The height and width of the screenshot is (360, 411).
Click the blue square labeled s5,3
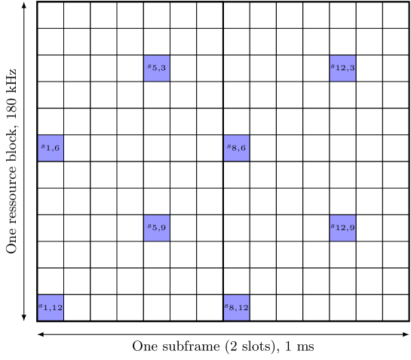click(x=157, y=68)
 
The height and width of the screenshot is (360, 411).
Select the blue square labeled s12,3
click(x=342, y=68)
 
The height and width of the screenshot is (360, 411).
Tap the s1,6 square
click(x=51, y=148)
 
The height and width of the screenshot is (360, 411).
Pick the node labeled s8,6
click(x=236, y=148)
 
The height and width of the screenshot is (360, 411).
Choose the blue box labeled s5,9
click(x=157, y=228)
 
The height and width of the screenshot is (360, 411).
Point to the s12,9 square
click(x=342, y=228)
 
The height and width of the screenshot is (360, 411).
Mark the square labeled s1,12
click(x=51, y=307)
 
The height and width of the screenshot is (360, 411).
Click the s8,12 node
click(x=236, y=307)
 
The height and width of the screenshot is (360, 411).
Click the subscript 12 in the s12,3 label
click(x=341, y=69)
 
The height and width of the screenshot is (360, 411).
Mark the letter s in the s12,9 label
click(x=333, y=227)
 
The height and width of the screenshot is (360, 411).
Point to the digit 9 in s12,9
click(x=351, y=229)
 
